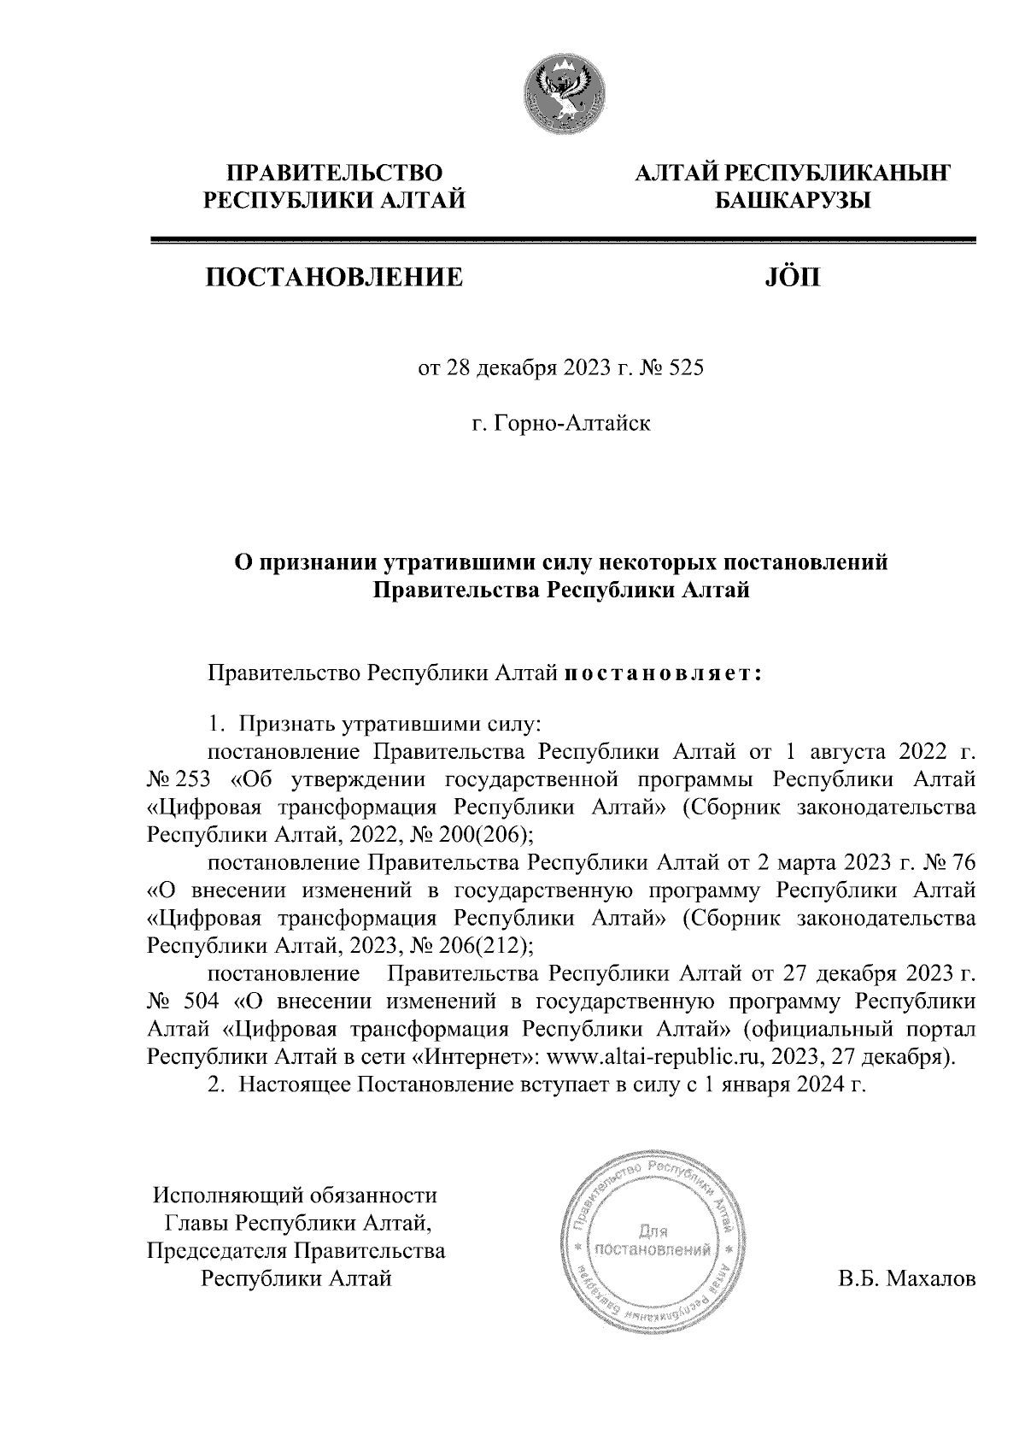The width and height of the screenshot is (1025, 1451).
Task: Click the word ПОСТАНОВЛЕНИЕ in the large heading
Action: [x=333, y=277]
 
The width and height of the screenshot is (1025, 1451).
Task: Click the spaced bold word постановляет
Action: [x=662, y=673]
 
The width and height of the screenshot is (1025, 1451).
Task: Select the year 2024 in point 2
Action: [x=801, y=1084]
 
